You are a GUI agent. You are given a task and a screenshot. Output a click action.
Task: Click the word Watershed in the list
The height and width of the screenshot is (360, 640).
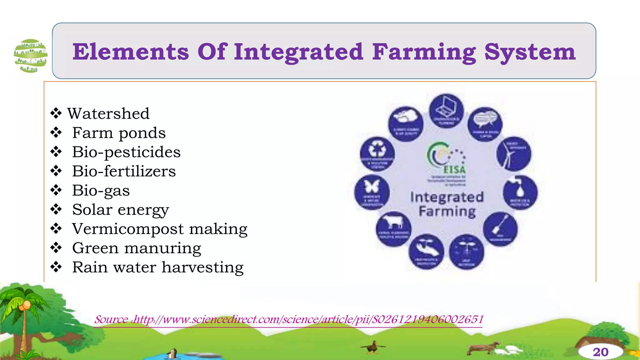tap(108, 113)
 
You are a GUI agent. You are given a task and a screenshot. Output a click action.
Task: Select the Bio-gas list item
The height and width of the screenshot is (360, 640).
tap(101, 190)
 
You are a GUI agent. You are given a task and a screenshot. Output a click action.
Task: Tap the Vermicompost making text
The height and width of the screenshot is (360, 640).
tap(160, 229)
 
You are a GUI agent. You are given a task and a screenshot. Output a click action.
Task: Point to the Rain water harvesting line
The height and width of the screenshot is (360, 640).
tap(158, 267)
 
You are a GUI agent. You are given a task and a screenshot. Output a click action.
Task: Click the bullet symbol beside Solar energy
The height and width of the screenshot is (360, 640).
tap(56, 209)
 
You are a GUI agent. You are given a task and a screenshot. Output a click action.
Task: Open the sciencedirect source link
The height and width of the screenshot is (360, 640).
tap(289, 320)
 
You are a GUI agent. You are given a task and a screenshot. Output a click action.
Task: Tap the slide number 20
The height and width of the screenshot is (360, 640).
tap(600, 352)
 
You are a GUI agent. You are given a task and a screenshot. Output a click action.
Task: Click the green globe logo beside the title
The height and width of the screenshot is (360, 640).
tap(31, 56)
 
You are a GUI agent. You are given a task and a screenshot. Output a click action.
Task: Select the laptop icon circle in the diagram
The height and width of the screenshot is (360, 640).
tap(446, 111)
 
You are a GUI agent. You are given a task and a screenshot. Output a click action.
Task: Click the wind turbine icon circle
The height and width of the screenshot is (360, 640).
tap(513, 154)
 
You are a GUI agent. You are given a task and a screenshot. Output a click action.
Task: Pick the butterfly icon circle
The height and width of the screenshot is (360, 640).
tap(372, 192)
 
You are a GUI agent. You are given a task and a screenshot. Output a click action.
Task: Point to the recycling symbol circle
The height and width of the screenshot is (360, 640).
tap(377, 154)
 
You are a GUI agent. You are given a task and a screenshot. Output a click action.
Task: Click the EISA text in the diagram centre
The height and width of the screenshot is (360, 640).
tap(454, 170)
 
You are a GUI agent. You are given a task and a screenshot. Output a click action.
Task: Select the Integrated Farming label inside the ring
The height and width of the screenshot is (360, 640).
tap(447, 204)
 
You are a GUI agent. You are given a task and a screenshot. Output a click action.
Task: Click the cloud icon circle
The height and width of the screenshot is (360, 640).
tap(406, 124)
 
